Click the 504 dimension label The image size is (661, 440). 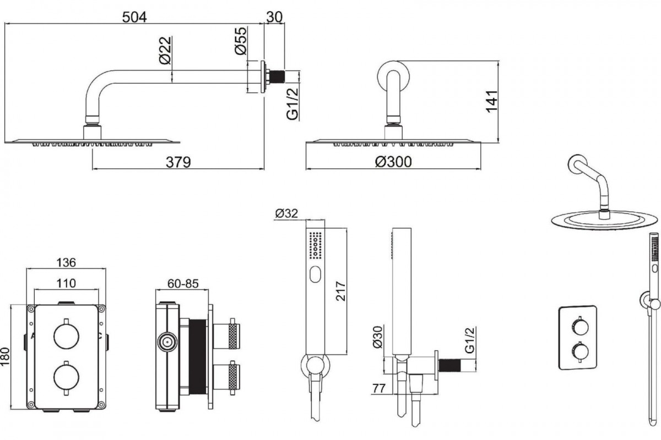tap(134, 17)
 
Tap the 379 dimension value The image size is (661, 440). tap(178, 162)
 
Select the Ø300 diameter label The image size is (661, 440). tap(393, 162)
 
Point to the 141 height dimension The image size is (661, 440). tap(491, 102)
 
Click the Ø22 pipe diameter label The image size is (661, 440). tap(165, 50)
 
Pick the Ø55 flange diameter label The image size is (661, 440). tap(241, 41)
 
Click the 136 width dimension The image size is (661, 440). tap(66, 262)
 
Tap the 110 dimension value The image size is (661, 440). tap(66, 283)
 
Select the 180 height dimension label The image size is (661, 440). tap(5, 356)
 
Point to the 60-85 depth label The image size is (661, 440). tap(183, 283)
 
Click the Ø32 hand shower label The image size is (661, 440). tap(286, 213)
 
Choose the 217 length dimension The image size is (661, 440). tap(340, 291)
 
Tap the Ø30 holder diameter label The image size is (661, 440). tap(377, 337)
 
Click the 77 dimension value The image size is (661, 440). tap(379, 388)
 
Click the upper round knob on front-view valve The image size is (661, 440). tap(67, 336)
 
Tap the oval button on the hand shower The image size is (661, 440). tap(316, 274)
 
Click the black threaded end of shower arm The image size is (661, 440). tap(277, 76)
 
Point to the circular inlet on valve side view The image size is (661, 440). tap(167, 342)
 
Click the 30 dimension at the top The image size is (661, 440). tap(274, 17)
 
